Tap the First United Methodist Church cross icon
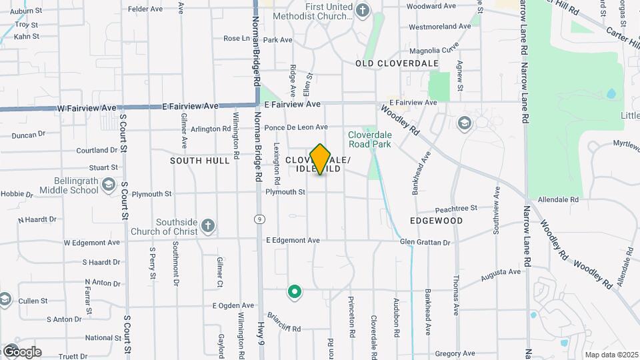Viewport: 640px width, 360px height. coord(362,10)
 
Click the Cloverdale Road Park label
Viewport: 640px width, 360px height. coord(370,139)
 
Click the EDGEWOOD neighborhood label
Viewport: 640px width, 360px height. coord(437,220)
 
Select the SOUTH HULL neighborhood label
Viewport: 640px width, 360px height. coord(200,161)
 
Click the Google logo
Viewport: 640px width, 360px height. coord(21,351)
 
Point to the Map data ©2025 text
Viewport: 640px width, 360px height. coord(611,355)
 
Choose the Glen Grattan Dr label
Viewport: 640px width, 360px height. coord(425,241)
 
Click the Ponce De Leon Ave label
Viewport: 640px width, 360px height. coord(296,127)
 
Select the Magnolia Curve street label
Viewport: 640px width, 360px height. coord(434,49)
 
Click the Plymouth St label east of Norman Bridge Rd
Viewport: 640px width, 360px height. coord(285,192)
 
